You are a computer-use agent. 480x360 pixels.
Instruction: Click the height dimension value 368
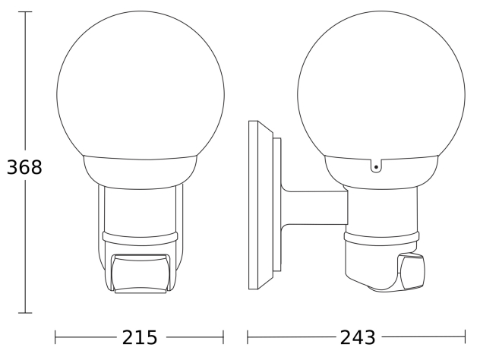(x=24, y=167)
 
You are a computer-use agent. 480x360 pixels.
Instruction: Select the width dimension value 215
(x=140, y=338)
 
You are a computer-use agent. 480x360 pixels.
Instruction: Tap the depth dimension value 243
(x=358, y=338)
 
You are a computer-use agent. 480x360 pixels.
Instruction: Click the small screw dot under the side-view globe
(x=376, y=167)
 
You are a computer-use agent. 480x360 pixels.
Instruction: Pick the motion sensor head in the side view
(x=411, y=271)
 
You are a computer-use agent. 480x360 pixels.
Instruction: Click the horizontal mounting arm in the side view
(x=315, y=208)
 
